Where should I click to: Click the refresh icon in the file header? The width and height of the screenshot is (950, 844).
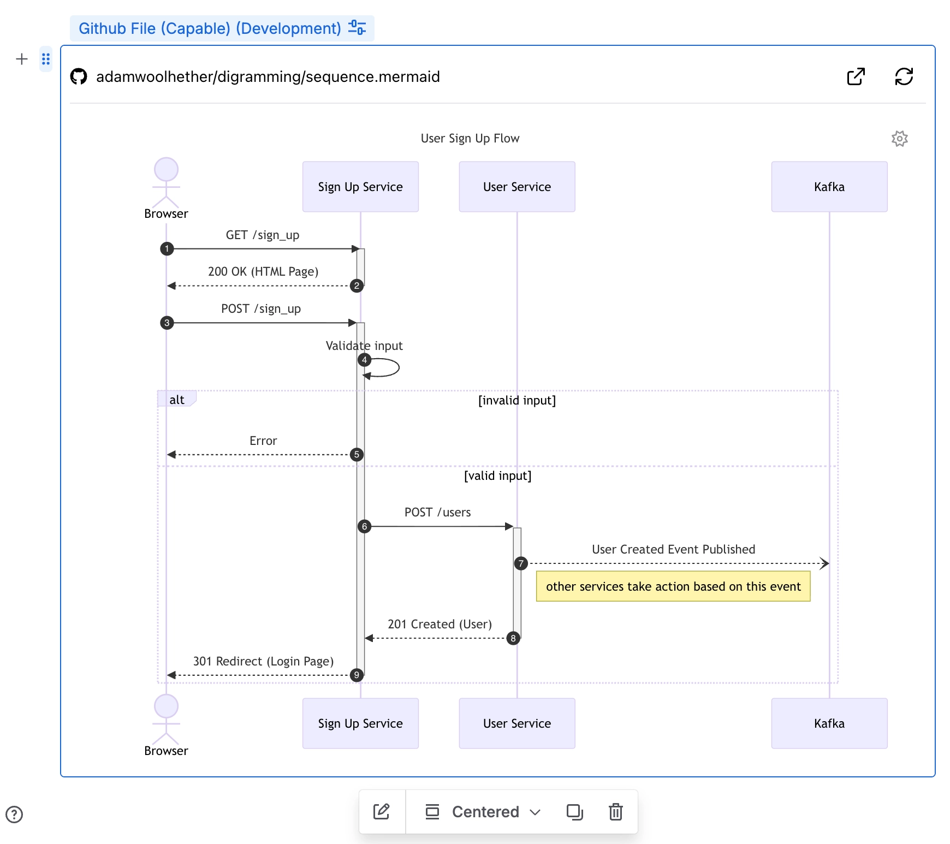pos(904,76)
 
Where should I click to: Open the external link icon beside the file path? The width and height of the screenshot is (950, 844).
pos(856,76)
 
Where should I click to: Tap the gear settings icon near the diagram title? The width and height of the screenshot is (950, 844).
pos(899,139)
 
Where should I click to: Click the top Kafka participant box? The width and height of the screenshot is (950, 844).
pos(829,187)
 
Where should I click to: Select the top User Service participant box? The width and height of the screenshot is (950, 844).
pos(516,187)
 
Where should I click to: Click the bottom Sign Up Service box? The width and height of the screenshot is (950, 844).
pos(360,723)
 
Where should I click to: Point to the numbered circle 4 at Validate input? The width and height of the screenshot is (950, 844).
pos(364,360)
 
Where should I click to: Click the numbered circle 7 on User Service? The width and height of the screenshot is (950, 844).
pos(521,563)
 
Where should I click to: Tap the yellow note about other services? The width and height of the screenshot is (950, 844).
pos(673,586)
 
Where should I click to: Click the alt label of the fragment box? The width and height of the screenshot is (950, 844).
pos(176,400)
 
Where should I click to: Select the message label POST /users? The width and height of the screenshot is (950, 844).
pos(437,512)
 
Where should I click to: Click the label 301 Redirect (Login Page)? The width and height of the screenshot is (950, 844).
pos(263,661)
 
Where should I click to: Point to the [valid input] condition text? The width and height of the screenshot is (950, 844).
pos(497,476)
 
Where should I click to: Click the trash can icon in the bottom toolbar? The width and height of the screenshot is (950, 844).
pos(615,812)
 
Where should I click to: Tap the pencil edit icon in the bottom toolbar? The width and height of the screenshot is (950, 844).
pos(381,812)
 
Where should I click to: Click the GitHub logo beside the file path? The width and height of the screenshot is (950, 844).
pos(79,76)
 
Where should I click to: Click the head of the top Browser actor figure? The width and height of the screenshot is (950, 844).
pos(166,169)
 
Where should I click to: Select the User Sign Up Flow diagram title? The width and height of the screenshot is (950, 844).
pos(470,138)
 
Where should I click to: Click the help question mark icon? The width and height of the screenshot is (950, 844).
pos(14,814)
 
